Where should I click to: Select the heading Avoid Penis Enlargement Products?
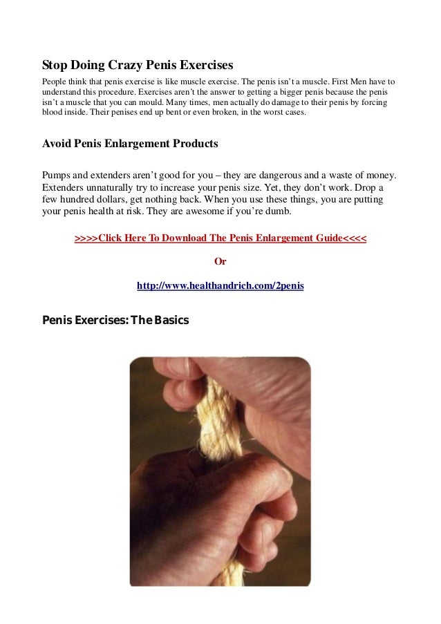pyautogui.click(x=130, y=144)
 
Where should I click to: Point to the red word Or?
pyautogui.click(x=220, y=262)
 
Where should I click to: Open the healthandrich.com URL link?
pyautogui.click(x=220, y=285)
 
